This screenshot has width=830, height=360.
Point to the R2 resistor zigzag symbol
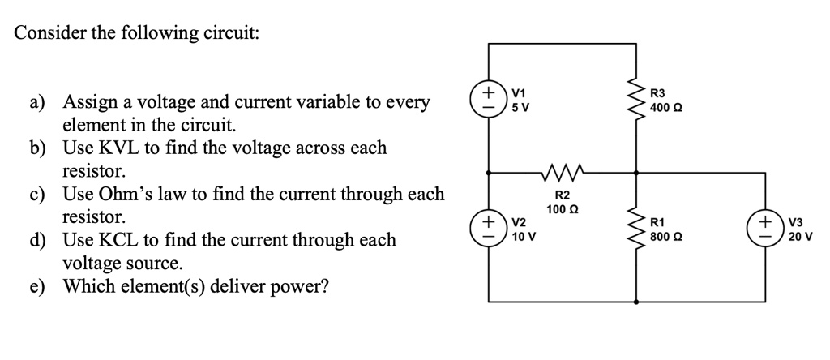[561, 172]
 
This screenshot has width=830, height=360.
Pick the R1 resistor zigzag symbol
[635, 229]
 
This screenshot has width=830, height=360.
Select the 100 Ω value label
[562, 210]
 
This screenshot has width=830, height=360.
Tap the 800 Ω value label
[666, 236]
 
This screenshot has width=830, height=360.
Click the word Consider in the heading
[47, 33]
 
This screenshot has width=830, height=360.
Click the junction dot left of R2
[489, 172]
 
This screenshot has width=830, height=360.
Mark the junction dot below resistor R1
[635, 301]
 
